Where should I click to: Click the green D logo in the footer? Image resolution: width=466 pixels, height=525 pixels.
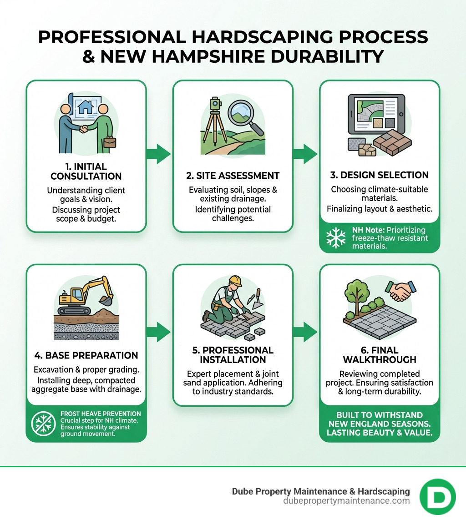[437, 496]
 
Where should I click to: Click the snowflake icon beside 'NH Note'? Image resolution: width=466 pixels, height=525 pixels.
[336, 238]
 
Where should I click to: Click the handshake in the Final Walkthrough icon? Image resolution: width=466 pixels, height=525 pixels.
[400, 291]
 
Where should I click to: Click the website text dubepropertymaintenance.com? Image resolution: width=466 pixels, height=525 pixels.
[346, 501]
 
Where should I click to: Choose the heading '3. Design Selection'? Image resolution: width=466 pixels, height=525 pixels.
[380, 175]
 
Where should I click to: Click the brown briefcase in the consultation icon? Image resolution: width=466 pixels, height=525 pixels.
[110, 142]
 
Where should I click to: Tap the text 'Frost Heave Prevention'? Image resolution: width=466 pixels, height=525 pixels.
[101, 414]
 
